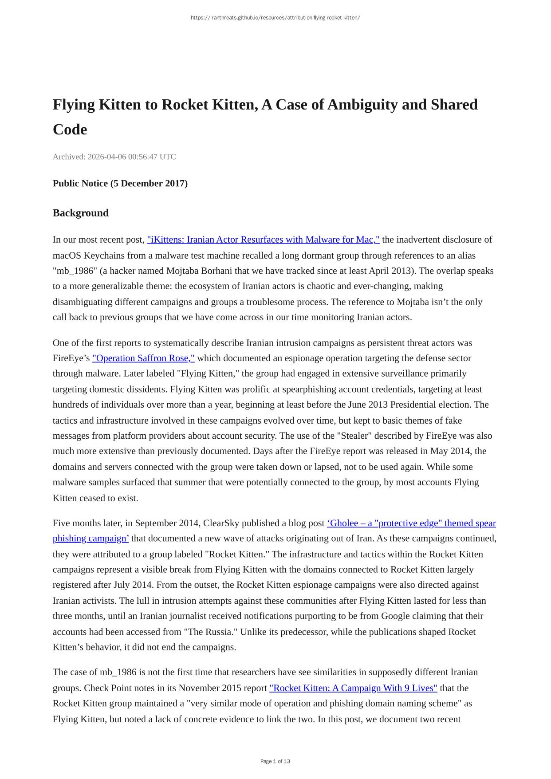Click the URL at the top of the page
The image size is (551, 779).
point(275,18)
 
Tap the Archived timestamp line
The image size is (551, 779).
point(114,157)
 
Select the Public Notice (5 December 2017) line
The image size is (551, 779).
point(120,183)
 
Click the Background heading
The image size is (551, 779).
point(81,213)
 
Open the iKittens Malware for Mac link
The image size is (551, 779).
point(263,240)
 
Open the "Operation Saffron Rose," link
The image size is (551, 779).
point(143,358)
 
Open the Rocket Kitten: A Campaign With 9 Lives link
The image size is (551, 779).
point(353,688)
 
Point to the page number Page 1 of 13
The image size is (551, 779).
point(275,761)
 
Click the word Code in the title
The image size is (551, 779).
point(70,130)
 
